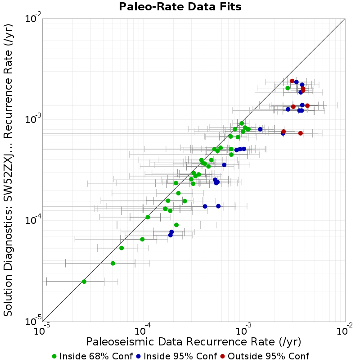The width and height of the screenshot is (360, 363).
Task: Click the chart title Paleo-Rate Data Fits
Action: coord(180,6)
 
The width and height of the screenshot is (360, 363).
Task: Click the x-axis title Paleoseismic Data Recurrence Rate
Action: coord(193,342)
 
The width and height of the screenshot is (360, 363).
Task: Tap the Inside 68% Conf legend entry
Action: coord(93,356)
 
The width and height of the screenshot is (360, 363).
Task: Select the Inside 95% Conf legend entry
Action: coord(176,356)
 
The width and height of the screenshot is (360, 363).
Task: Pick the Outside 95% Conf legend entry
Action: coord(265,356)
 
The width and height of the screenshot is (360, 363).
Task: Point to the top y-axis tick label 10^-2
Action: coord(33,18)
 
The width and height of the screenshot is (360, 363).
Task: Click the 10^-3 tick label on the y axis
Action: coord(33,119)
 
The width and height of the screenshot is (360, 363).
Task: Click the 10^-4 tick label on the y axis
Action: coord(33,220)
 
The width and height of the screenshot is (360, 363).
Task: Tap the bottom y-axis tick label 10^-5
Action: coord(33,322)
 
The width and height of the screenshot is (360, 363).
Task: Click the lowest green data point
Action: coord(84,281)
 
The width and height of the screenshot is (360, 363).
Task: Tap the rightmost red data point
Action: coord(307,105)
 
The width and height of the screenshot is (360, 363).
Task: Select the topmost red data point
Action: coord(292,81)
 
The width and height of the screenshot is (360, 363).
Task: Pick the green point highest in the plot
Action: coord(288,88)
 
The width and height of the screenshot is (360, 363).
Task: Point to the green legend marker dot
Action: coord(54,357)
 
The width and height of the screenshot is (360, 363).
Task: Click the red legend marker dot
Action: coord(223,357)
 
